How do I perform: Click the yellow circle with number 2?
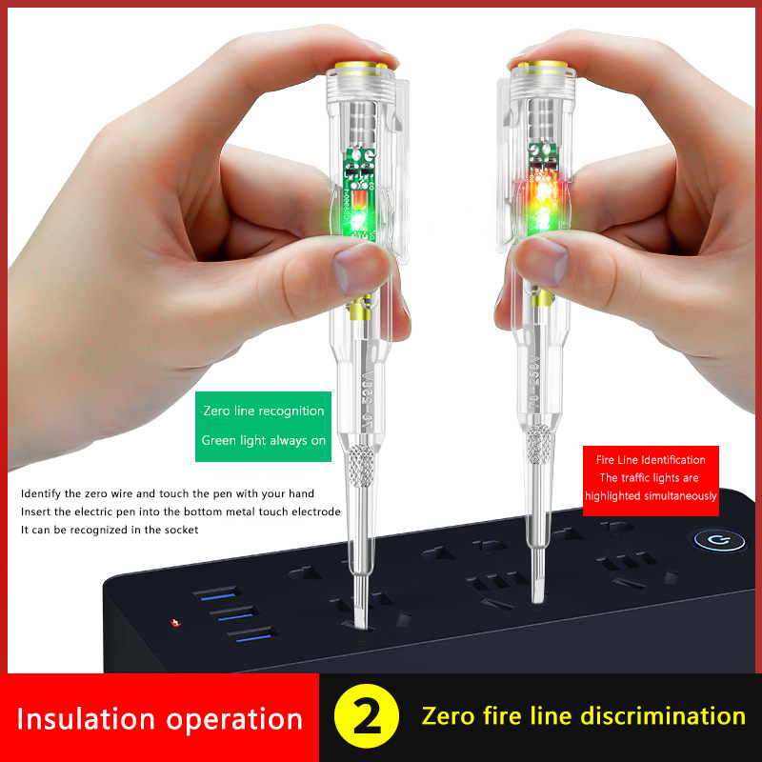367,716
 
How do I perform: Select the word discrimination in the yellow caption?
663,716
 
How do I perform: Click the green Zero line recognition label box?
263,426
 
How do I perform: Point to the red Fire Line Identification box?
651,481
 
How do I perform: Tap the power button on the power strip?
720,540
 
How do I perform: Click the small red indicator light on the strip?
175,623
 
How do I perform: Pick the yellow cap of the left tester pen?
358,66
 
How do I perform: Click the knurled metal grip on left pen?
361,465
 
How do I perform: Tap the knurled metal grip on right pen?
539,444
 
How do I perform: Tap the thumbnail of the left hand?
358,269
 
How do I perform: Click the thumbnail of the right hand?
542,261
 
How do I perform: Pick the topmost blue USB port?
217,593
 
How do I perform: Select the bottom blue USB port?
252,634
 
